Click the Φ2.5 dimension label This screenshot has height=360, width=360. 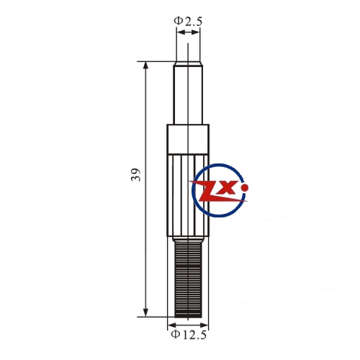(x=188, y=21)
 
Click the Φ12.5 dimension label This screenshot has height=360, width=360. (x=189, y=335)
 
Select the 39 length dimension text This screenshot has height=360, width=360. (x=136, y=174)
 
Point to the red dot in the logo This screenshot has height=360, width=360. (x=245, y=187)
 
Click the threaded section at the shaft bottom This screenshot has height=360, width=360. (x=188, y=279)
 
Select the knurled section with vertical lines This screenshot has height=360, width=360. (x=188, y=195)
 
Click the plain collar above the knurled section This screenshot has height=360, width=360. (x=188, y=139)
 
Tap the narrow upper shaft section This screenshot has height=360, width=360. (x=188, y=95)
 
